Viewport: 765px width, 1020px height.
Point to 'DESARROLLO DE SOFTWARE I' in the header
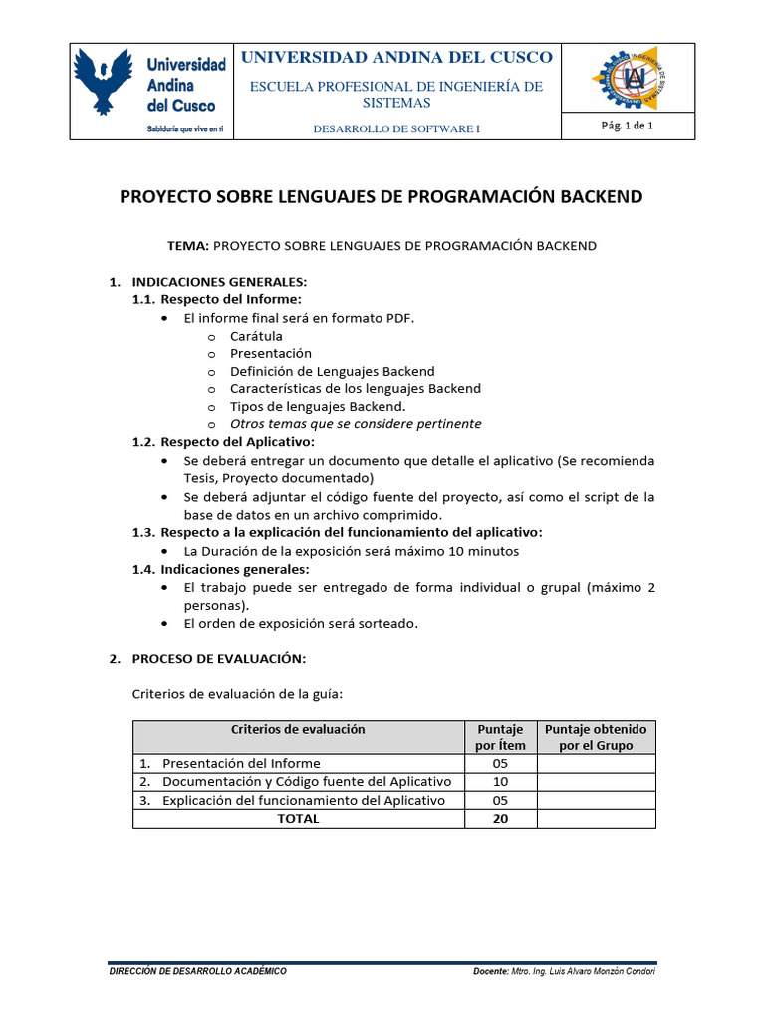pyautogui.click(x=396, y=129)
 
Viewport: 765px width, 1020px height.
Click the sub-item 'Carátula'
pyautogui.click(x=256, y=336)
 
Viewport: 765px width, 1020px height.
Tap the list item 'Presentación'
pyautogui.click(x=270, y=353)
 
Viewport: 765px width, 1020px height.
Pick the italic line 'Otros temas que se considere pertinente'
pyautogui.click(x=356, y=424)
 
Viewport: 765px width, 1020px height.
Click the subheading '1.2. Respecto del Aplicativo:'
pyautogui.click(x=224, y=441)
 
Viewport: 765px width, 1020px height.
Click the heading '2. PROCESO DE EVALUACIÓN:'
pyautogui.click(x=209, y=659)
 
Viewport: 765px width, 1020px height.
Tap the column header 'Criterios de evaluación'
pyautogui.click(x=298, y=729)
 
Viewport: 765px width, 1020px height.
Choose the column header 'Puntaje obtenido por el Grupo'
pyautogui.click(x=596, y=737)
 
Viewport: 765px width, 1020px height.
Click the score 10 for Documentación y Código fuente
pyautogui.click(x=500, y=782)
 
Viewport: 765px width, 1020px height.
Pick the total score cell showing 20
pyautogui.click(x=500, y=818)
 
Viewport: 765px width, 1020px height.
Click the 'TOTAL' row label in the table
pyautogui.click(x=298, y=818)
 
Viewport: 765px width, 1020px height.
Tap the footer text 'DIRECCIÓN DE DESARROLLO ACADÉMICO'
pyautogui.click(x=197, y=971)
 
